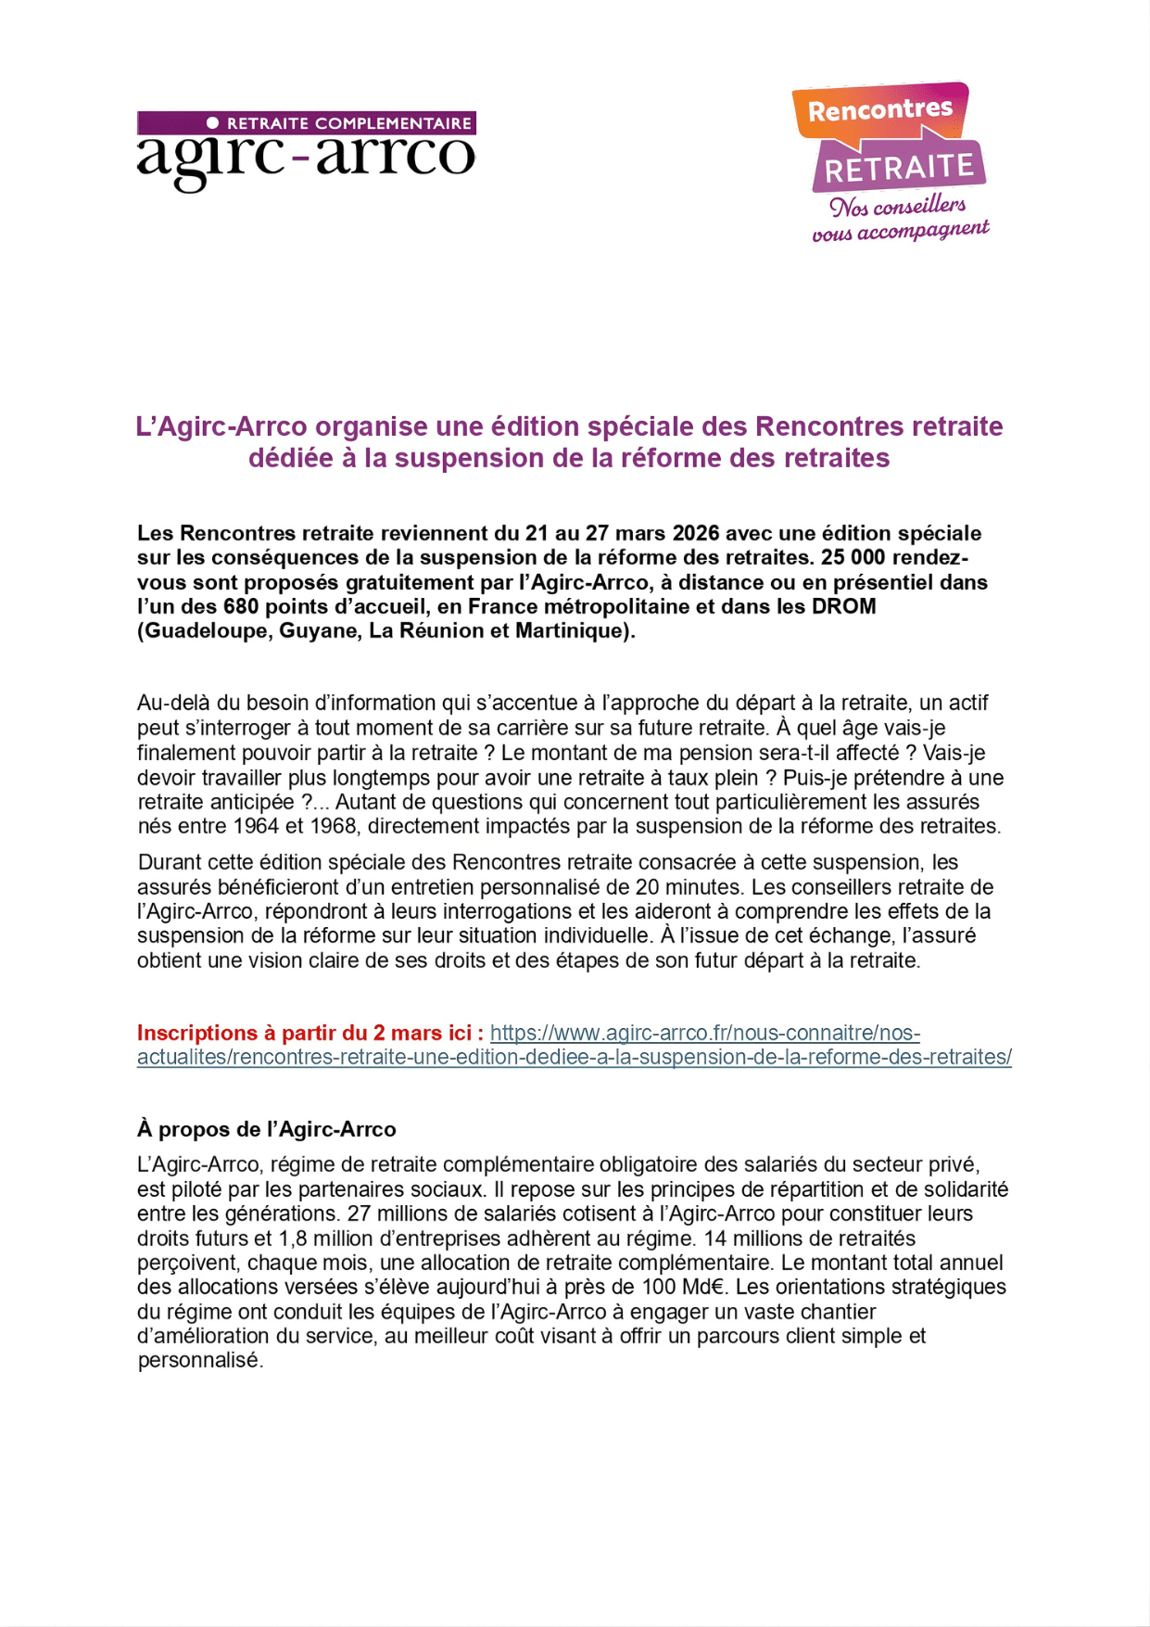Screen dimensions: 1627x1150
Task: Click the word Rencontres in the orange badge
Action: tap(879, 110)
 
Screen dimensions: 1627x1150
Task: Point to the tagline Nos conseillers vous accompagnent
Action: tap(899, 219)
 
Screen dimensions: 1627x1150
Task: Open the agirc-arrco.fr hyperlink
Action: tap(704, 1033)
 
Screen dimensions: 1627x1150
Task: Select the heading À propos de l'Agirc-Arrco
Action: tap(267, 1129)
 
